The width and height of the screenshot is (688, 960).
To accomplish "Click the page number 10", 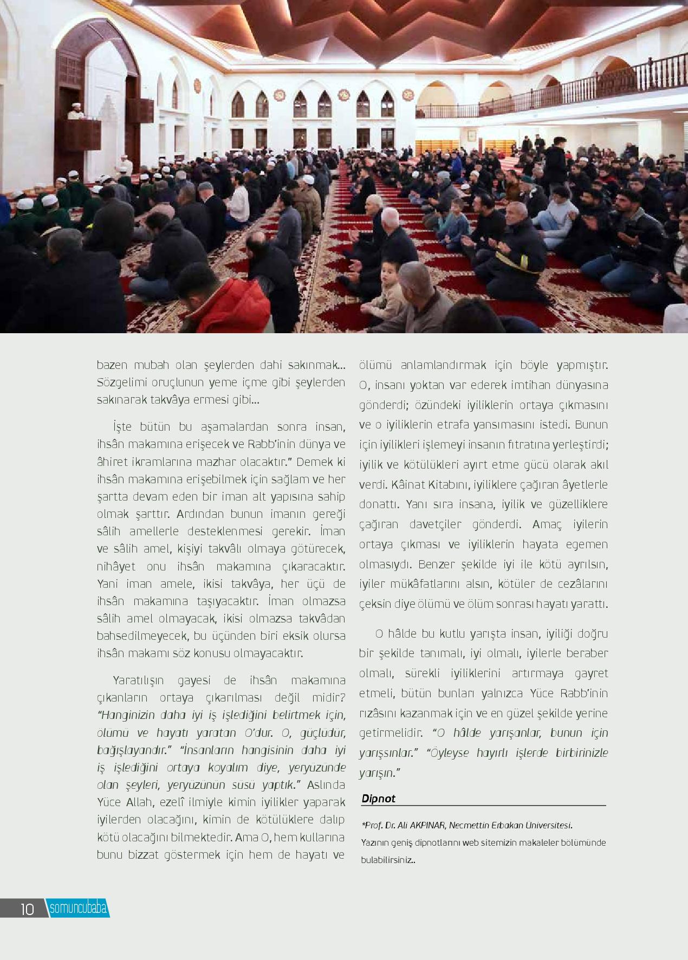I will (x=27, y=909).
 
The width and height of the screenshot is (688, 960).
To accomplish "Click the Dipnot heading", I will (x=378, y=799).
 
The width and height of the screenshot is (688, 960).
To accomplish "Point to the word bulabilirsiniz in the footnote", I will (x=386, y=860).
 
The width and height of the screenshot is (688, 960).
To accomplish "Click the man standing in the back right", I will (x=555, y=157).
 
